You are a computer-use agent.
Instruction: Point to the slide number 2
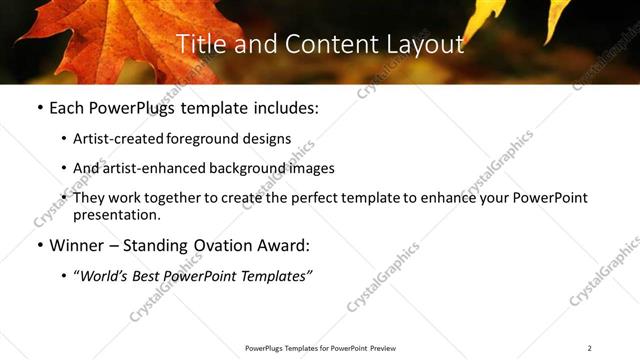point(590,348)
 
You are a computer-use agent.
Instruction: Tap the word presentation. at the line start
point(117,214)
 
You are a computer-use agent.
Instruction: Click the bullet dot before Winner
point(39,245)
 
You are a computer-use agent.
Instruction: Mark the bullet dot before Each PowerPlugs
point(39,107)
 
